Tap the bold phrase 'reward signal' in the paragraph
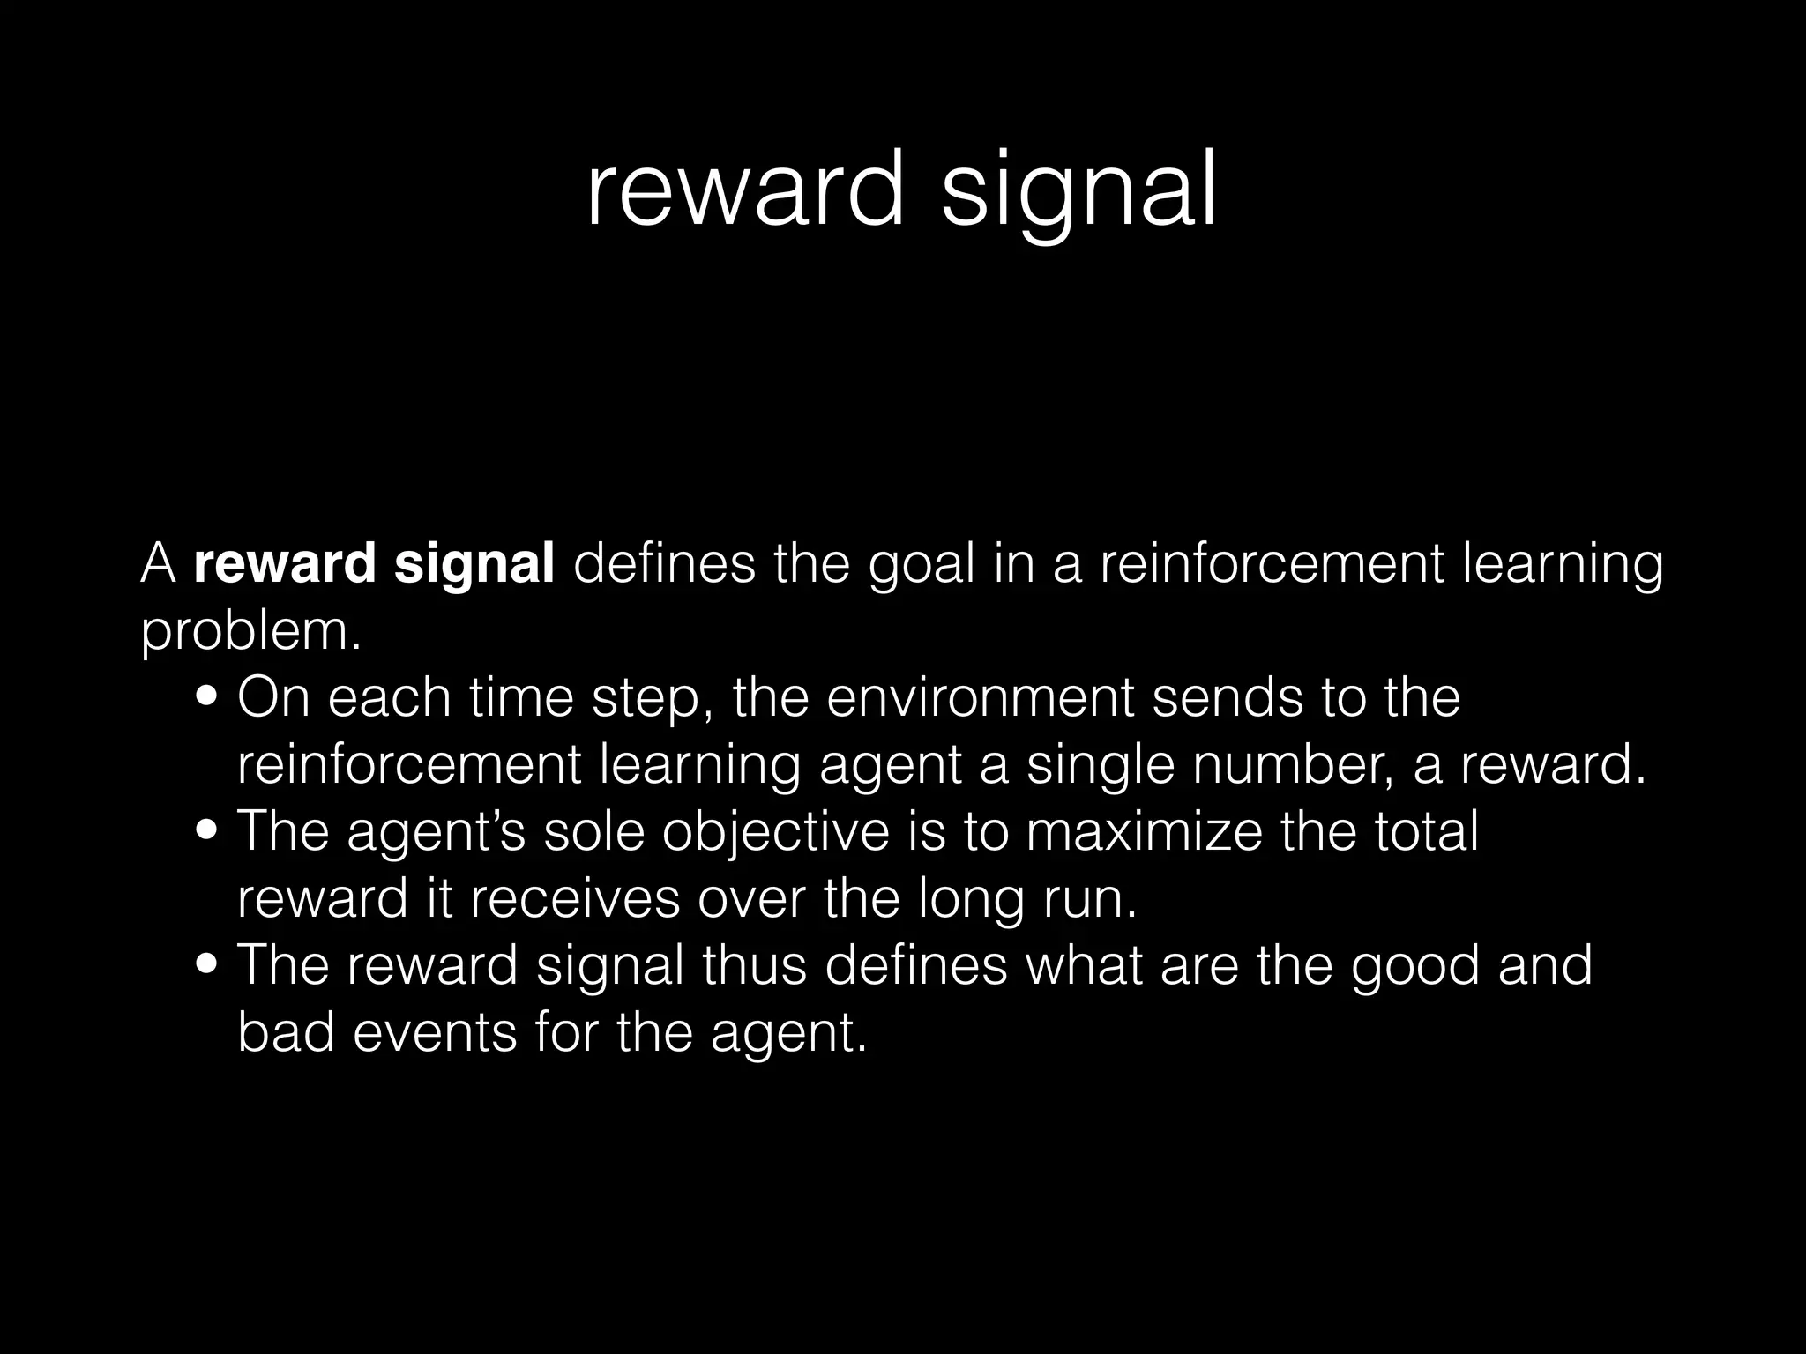[374, 564]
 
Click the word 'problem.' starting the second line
[251, 633]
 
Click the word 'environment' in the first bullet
[980, 698]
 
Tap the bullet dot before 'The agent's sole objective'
[208, 833]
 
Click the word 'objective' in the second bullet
[776, 833]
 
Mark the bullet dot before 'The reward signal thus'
[208, 966]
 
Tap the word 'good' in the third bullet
[1415, 966]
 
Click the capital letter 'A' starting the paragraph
[159, 564]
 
